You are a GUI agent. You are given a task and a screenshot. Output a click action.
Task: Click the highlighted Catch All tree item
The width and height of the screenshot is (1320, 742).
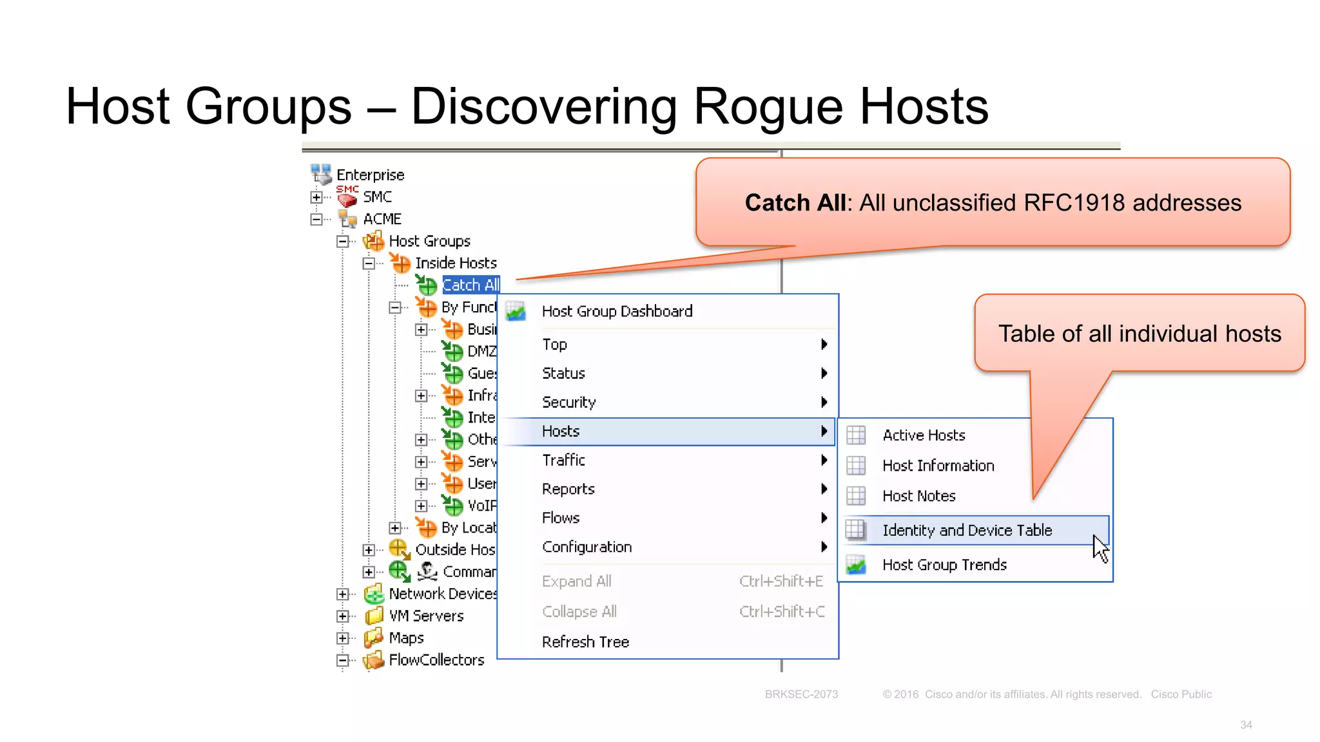tap(471, 285)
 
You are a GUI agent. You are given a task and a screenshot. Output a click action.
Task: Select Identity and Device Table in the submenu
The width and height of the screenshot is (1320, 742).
tap(966, 530)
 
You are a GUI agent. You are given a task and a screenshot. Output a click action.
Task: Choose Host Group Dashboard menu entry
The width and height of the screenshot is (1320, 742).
tap(617, 311)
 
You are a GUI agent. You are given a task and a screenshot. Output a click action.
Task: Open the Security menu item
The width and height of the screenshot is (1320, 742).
tap(568, 402)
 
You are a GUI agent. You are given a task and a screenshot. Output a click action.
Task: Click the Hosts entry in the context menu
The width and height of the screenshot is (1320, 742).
tap(561, 431)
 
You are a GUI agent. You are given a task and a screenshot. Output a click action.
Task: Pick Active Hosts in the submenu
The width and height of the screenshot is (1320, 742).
tap(923, 435)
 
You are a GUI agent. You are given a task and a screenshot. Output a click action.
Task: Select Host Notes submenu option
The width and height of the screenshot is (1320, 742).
tap(918, 496)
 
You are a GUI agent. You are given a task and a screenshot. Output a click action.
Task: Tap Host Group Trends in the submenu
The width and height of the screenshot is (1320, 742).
tap(944, 565)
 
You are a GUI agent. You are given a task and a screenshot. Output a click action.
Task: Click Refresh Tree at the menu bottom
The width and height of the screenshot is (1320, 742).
tap(585, 642)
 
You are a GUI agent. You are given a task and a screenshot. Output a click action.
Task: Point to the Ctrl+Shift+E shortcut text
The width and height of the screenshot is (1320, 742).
tap(781, 581)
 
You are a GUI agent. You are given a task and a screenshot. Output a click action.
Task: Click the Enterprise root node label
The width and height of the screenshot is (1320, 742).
tap(370, 175)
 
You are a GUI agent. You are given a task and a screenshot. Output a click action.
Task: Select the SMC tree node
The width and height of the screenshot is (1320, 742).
tap(377, 196)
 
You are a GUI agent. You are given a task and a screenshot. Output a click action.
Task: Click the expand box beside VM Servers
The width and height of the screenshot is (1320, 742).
tap(343, 616)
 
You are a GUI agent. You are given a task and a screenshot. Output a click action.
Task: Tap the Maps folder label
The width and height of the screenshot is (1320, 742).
tap(406, 638)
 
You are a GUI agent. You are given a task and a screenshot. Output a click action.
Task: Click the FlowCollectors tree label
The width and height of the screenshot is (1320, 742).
tap(436, 660)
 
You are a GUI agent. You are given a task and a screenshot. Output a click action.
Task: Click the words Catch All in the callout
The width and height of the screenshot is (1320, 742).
tap(795, 203)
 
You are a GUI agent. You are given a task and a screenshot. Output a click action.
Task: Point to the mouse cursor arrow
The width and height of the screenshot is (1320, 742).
tap(1100, 547)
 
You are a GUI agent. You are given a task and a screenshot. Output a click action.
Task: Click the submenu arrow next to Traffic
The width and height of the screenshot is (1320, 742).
tap(824, 460)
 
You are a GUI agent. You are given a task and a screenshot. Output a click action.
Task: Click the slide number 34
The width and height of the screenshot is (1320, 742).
tap(1246, 725)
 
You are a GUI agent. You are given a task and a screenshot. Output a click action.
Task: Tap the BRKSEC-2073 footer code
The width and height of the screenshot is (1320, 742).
tap(801, 694)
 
